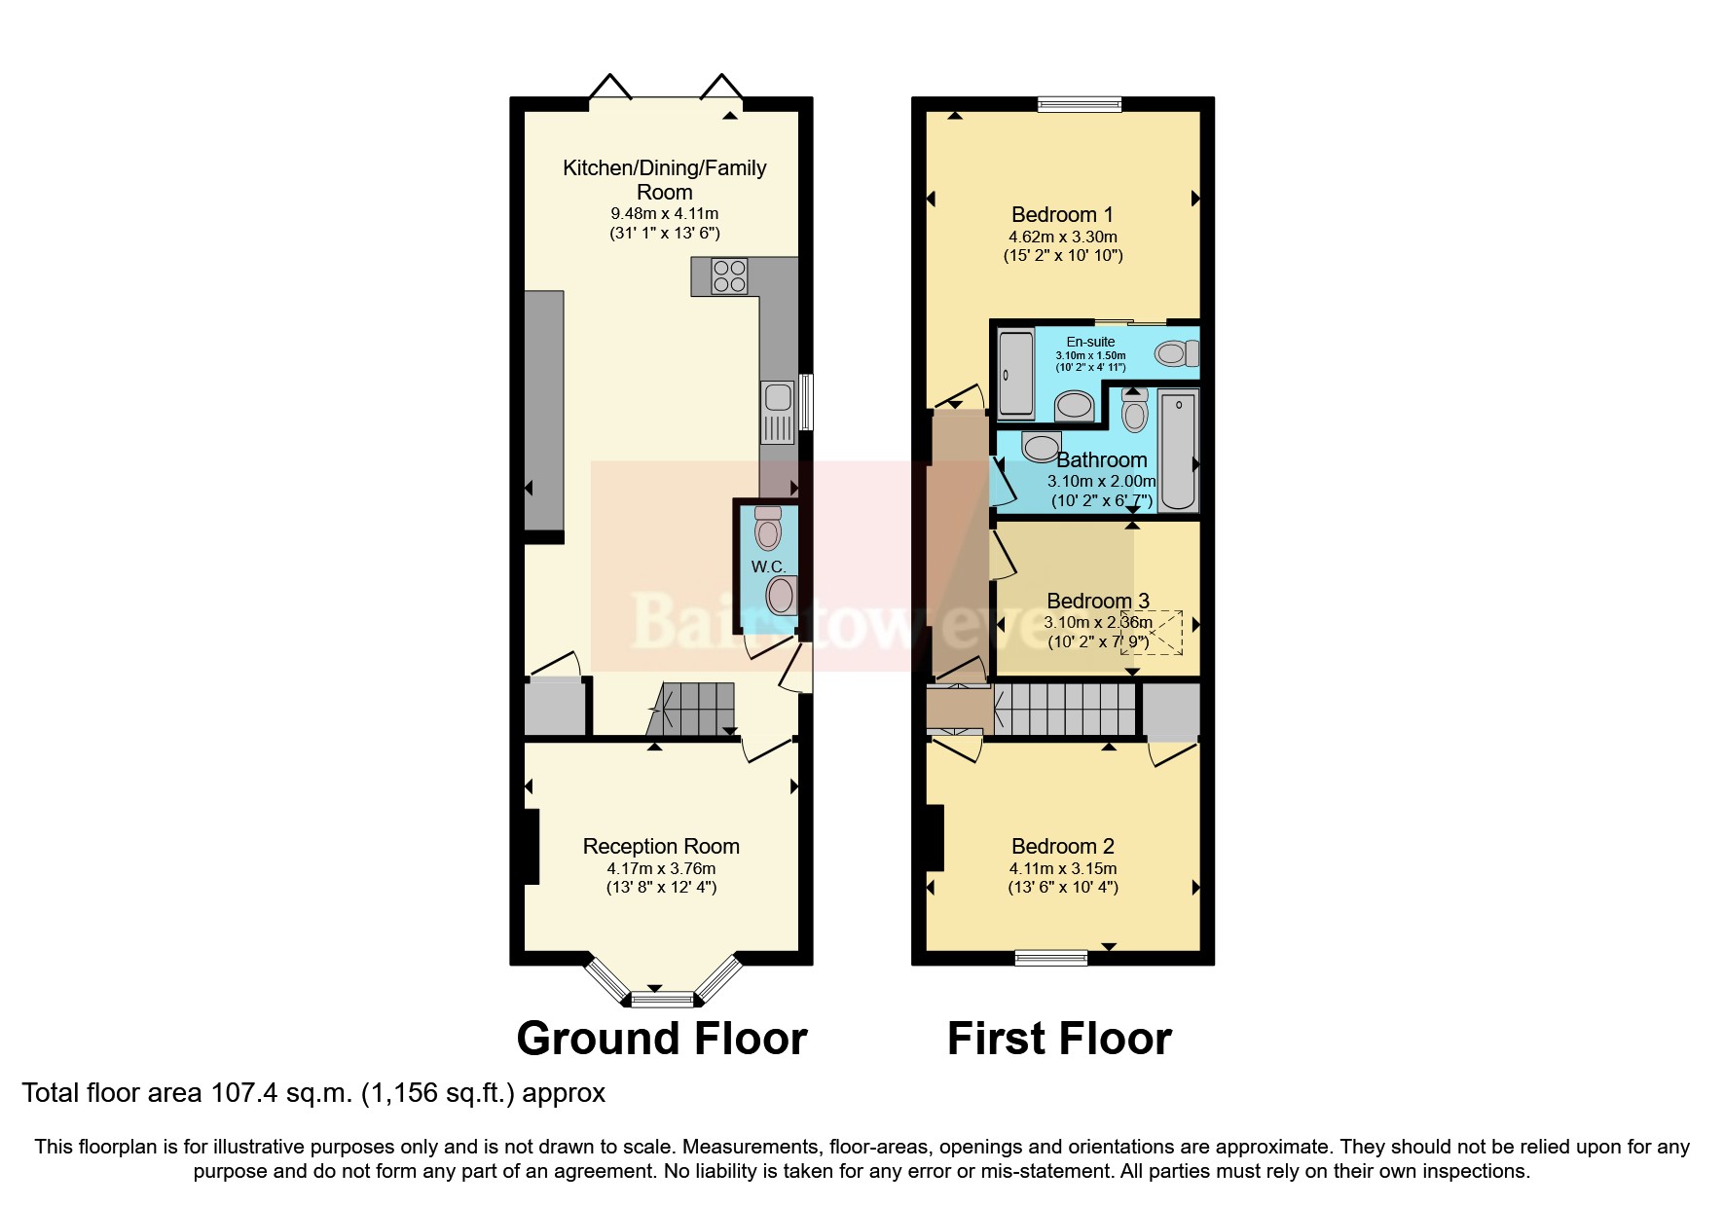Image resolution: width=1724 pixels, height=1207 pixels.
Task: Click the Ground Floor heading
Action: [662, 1039]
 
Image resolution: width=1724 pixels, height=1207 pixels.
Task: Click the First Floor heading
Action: [1059, 1039]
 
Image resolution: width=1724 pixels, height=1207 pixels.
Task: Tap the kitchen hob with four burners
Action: [729, 275]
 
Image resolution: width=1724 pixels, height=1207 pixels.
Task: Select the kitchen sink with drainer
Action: [779, 413]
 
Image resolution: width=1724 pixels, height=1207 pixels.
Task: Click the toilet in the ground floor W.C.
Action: [768, 528]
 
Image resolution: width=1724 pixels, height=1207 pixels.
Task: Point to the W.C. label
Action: [768, 567]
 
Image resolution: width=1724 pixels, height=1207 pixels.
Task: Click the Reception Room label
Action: [661, 847]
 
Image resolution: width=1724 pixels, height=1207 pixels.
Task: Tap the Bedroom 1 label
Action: [1062, 215]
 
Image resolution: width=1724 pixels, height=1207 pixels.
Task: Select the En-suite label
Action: [1090, 342]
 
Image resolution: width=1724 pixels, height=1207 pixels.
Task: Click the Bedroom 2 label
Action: [1062, 847]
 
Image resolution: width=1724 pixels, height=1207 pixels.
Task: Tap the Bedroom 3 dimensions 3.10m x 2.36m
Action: [1098, 623]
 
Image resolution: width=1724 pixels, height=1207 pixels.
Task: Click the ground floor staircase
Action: [692, 709]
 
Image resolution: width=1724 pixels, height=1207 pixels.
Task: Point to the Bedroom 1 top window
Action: [1080, 104]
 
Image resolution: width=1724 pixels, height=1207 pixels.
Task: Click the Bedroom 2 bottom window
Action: [1051, 958]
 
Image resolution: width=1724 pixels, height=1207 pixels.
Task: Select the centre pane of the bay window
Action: [663, 999]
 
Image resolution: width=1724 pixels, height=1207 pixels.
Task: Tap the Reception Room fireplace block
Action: [532, 847]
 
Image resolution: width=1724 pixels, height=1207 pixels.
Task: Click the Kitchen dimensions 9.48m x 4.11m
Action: [665, 214]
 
